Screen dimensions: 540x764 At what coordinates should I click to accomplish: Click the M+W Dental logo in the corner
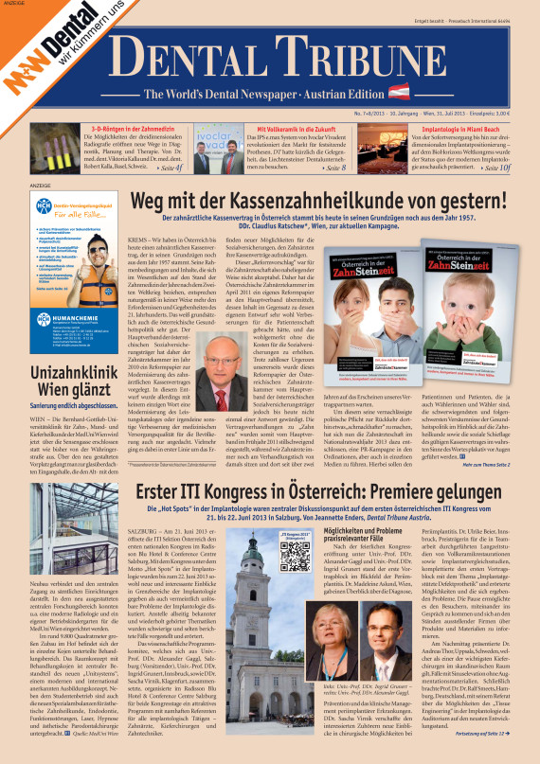tap(47, 43)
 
